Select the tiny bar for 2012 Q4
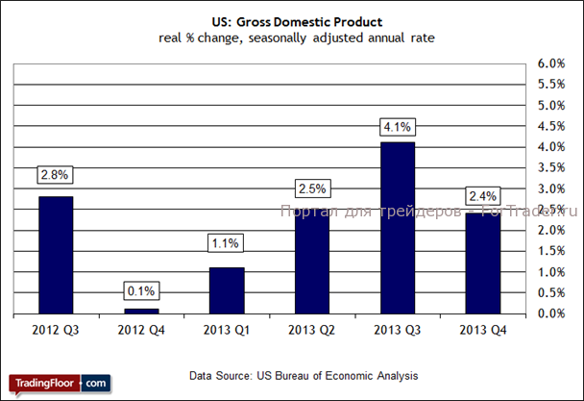pos(141,311)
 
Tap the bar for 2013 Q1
pos(227,290)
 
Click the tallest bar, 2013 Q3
pos(398,228)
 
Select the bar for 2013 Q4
pos(483,263)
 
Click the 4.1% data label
pos(398,125)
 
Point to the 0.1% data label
pos(141,290)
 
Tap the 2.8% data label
pos(55,175)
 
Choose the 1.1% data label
pos(227,244)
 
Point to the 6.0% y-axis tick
pos(552,63)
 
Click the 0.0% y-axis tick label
pos(552,313)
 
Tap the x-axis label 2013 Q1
pos(227,330)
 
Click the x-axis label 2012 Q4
pos(141,330)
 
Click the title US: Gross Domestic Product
pos(291,20)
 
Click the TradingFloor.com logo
pos(59,383)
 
